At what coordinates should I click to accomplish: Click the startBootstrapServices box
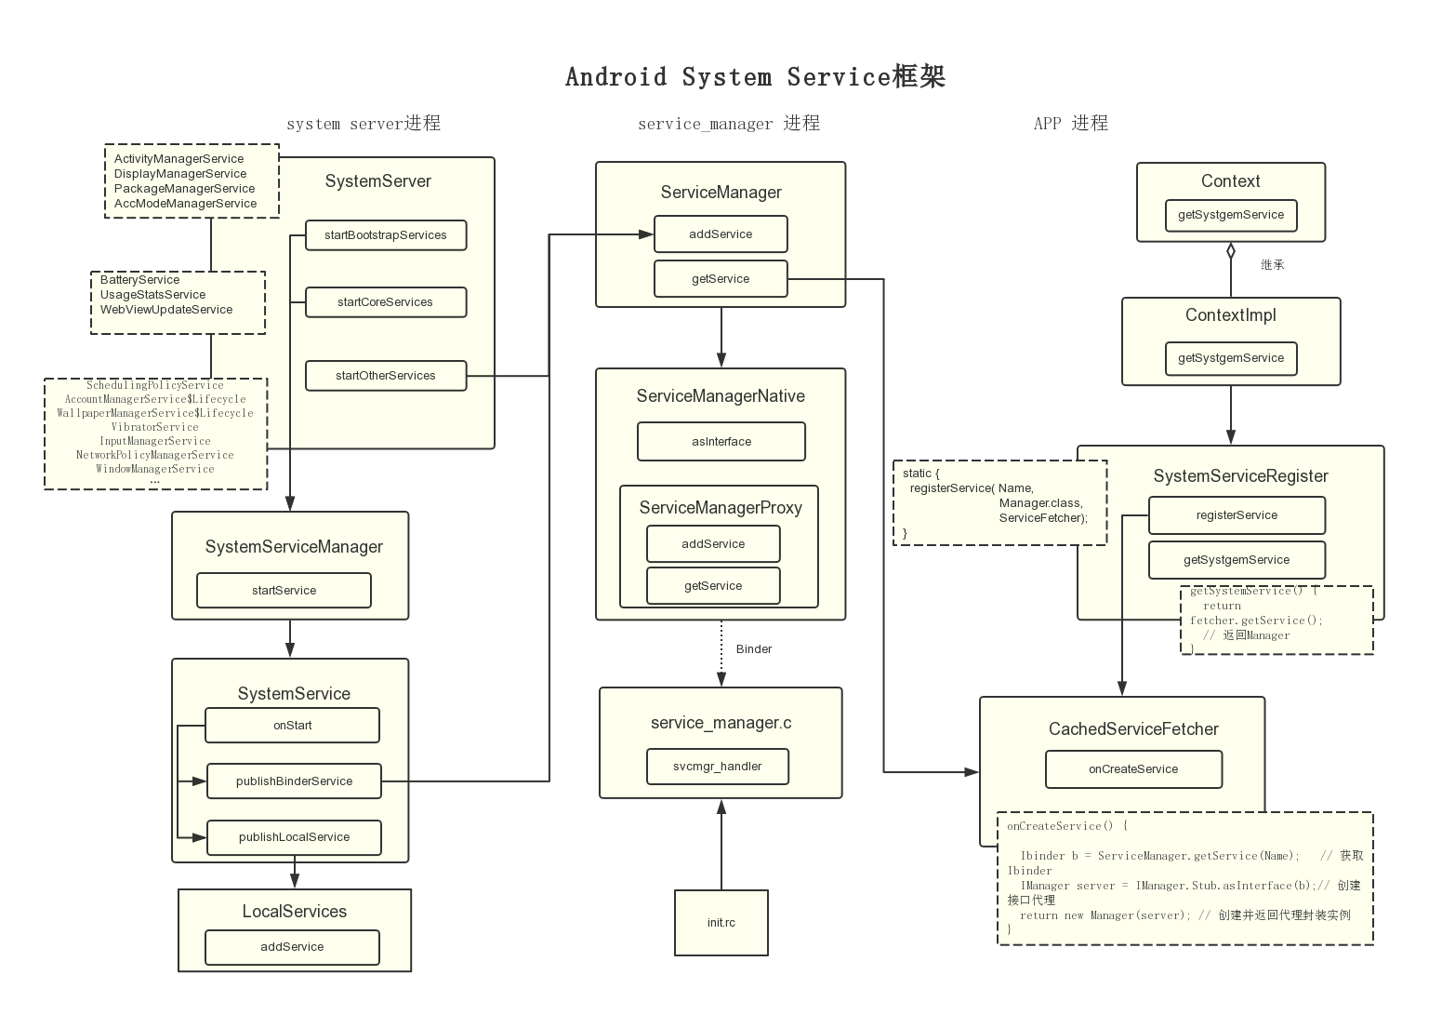[386, 235]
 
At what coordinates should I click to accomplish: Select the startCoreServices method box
[386, 302]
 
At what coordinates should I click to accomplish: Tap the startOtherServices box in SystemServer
[386, 376]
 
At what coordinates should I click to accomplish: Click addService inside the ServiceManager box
[721, 234]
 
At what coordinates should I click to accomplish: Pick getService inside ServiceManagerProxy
[713, 586]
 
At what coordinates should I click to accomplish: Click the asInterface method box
[721, 442]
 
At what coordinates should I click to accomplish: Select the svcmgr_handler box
[718, 767]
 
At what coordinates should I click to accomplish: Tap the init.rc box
[721, 923]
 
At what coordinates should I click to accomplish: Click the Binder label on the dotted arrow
[754, 649]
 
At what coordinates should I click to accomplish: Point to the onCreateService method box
[1133, 769]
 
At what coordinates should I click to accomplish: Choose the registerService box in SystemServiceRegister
[1237, 515]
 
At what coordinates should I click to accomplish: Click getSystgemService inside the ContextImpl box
[1231, 358]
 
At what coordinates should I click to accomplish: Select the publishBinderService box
[294, 781]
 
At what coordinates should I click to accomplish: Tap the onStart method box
[292, 726]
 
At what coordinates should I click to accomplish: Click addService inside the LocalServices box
[292, 947]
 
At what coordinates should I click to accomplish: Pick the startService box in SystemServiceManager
[284, 591]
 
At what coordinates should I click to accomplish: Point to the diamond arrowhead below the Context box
[1231, 250]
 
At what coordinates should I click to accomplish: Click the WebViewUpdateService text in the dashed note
[166, 310]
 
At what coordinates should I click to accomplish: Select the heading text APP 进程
[1071, 124]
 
